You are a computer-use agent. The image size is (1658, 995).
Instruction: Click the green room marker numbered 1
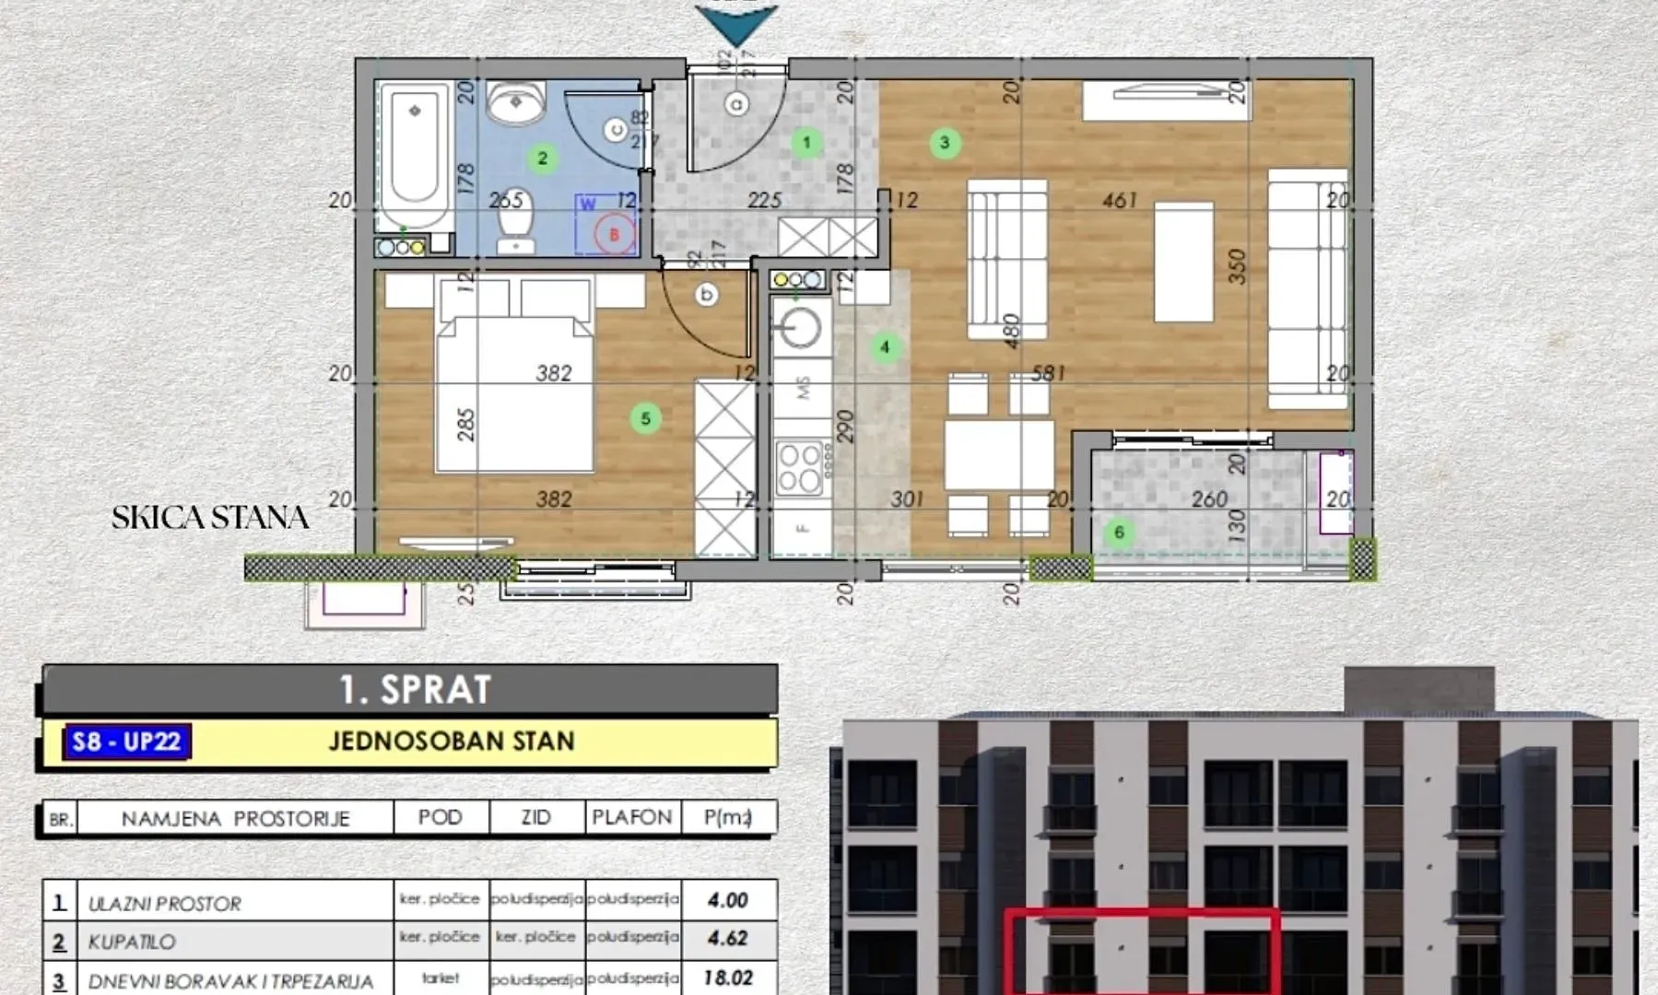pyautogui.click(x=806, y=143)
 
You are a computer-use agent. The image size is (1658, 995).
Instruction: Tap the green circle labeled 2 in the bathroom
pyautogui.click(x=543, y=158)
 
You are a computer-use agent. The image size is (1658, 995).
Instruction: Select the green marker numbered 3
pyautogui.click(x=945, y=143)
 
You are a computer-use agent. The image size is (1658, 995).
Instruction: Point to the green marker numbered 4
pyautogui.click(x=885, y=347)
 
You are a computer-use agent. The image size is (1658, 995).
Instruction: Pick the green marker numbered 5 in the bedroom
pyautogui.click(x=645, y=419)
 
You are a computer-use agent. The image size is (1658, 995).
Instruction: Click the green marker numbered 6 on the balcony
pyautogui.click(x=1119, y=533)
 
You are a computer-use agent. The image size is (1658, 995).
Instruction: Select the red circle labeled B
pyautogui.click(x=615, y=234)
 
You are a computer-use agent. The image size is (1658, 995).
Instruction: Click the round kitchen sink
pyautogui.click(x=799, y=327)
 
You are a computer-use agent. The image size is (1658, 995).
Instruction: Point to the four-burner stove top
pyautogui.click(x=799, y=468)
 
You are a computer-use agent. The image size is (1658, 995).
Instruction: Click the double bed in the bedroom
pyautogui.click(x=513, y=392)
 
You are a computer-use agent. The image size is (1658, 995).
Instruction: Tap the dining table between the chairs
pyautogui.click(x=999, y=454)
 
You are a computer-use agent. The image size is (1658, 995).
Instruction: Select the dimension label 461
pyautogui.click(x=1120, y=200)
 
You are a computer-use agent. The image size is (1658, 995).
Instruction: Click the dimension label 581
pyautogui.click(x=1048, y=373)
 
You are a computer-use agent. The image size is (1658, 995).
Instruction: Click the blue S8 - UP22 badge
pyautogui.click(x=127, y=742)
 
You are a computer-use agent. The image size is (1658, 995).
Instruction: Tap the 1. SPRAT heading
pyautogui.click(x=415, y=690)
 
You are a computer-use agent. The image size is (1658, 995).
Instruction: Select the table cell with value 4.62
pyautogui.click(x=727, y=939)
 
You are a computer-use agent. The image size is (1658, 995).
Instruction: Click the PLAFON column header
pyautogui.click(x=632, y=817)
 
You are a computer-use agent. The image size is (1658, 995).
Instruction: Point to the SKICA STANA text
pyautogui.click(x=210, y=518)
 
